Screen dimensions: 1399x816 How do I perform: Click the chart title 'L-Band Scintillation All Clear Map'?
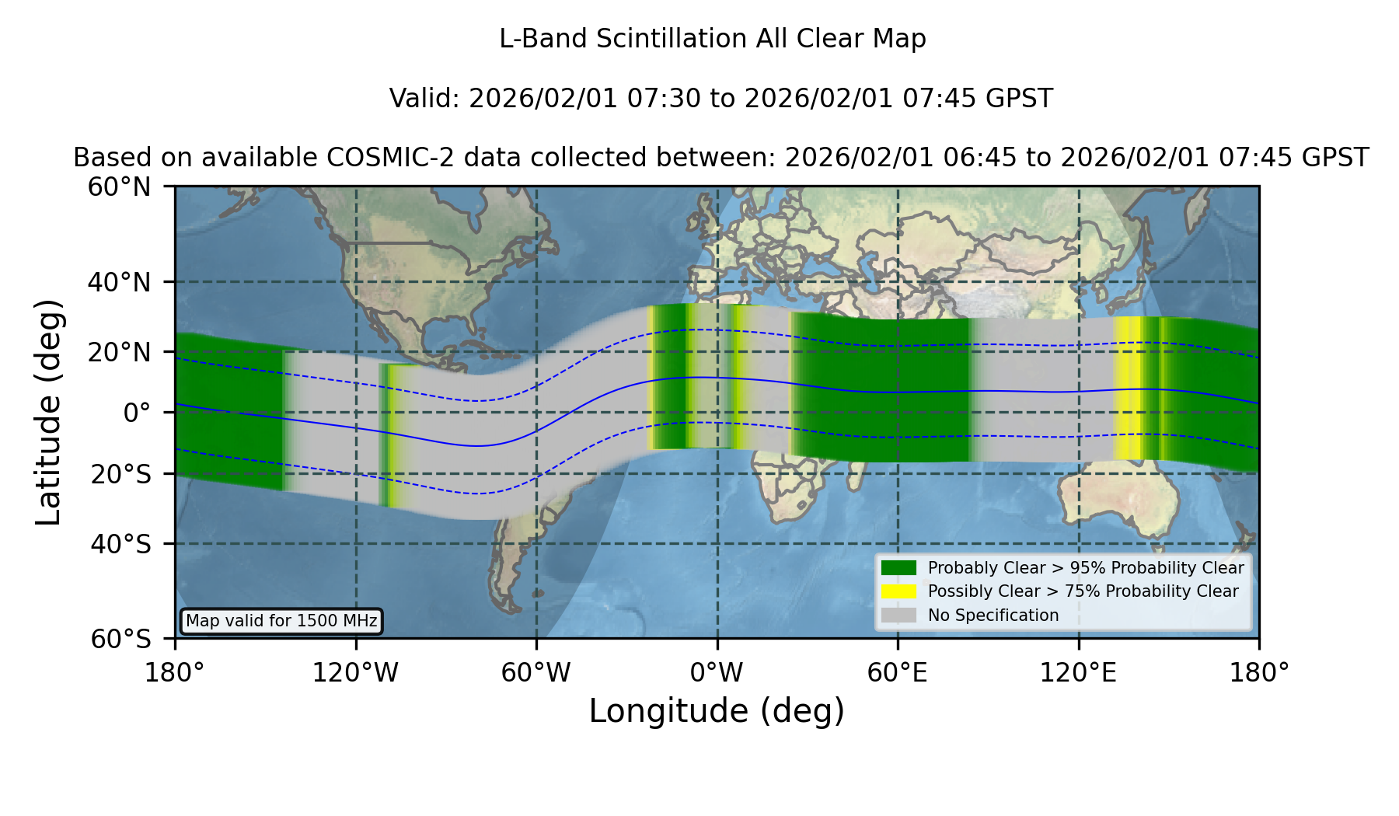coord(712,39)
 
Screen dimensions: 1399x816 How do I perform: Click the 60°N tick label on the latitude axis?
coord(120,187)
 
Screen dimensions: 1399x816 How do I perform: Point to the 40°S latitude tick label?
coord(121,543)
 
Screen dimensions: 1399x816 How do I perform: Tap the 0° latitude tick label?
coord(138,413)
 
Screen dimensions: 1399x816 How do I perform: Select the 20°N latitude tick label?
coord(120,352)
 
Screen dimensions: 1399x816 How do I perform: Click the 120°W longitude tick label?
coord(355,673)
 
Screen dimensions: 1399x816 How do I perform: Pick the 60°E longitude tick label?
coord(898,673)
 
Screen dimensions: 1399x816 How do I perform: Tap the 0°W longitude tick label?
coord(717,673)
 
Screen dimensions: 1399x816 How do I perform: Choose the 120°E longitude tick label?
coord(1079,673)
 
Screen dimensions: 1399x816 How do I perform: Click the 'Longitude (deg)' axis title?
coord(717,711)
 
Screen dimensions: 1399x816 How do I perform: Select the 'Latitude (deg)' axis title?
coord(49,412)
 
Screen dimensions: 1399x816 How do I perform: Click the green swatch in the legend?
coord(899,567)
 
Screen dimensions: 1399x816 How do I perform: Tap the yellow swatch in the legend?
coord(899,591)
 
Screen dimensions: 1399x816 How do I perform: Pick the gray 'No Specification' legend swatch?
coord(899,615)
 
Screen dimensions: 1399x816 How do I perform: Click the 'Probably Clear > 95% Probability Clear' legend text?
coord(1086,568)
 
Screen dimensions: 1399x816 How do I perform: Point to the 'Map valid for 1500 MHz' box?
coord(281,621)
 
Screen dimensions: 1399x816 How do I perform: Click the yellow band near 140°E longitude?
coord(1128,389)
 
